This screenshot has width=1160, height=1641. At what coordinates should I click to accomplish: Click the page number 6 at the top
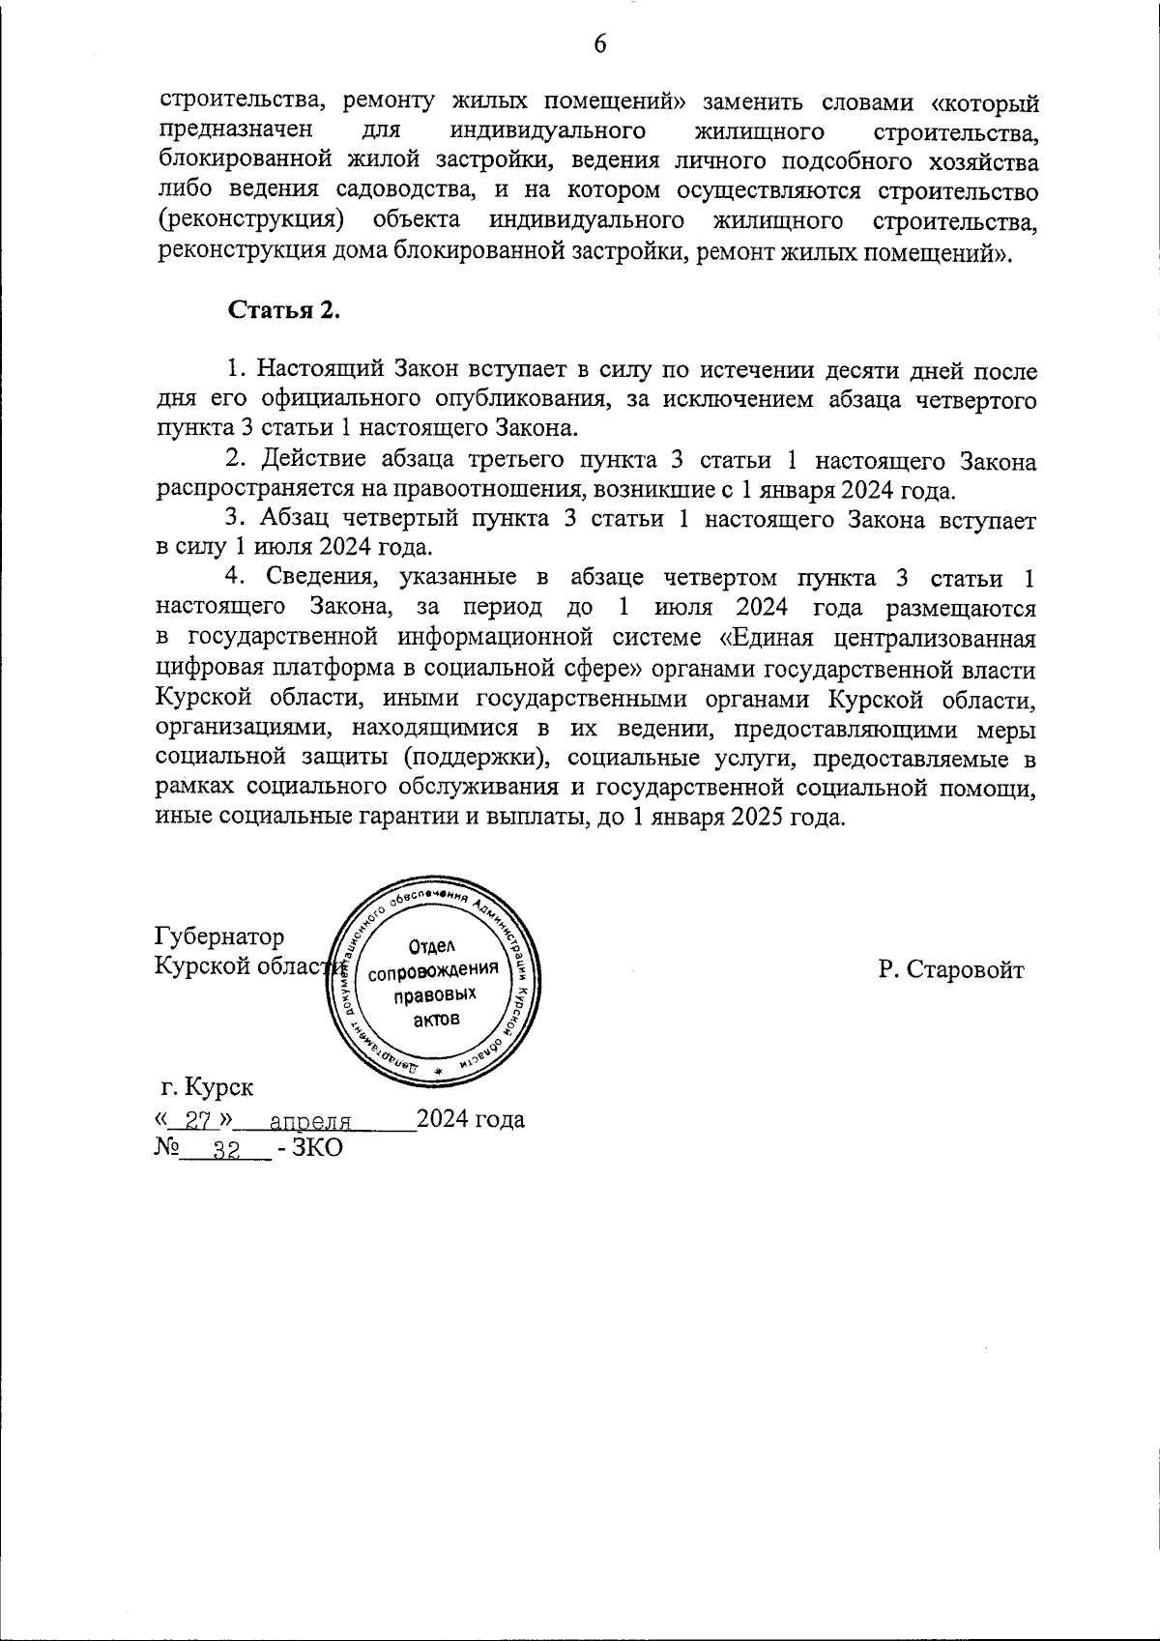(x=599, y=45)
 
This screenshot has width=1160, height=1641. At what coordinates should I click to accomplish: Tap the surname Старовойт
(x=968, y=970)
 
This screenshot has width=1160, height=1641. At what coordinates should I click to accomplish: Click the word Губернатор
(x=220, y=937)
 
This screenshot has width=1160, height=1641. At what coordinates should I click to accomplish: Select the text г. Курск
(x=208, y=1087)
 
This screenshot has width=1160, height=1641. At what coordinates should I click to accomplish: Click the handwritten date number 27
(x=197, y=1122)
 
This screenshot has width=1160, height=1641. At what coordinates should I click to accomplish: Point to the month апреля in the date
(x=309, y=1122)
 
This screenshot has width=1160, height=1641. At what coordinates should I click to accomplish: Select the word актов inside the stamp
(x=436, y=1020)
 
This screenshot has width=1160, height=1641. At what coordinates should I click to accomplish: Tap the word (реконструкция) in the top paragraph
(x=250, y=221)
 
